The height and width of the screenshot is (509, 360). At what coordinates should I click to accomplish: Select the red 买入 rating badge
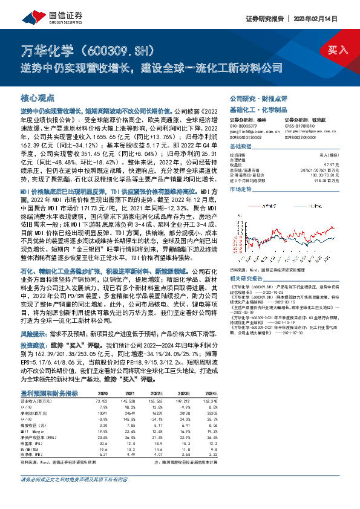tap(338, 50)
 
